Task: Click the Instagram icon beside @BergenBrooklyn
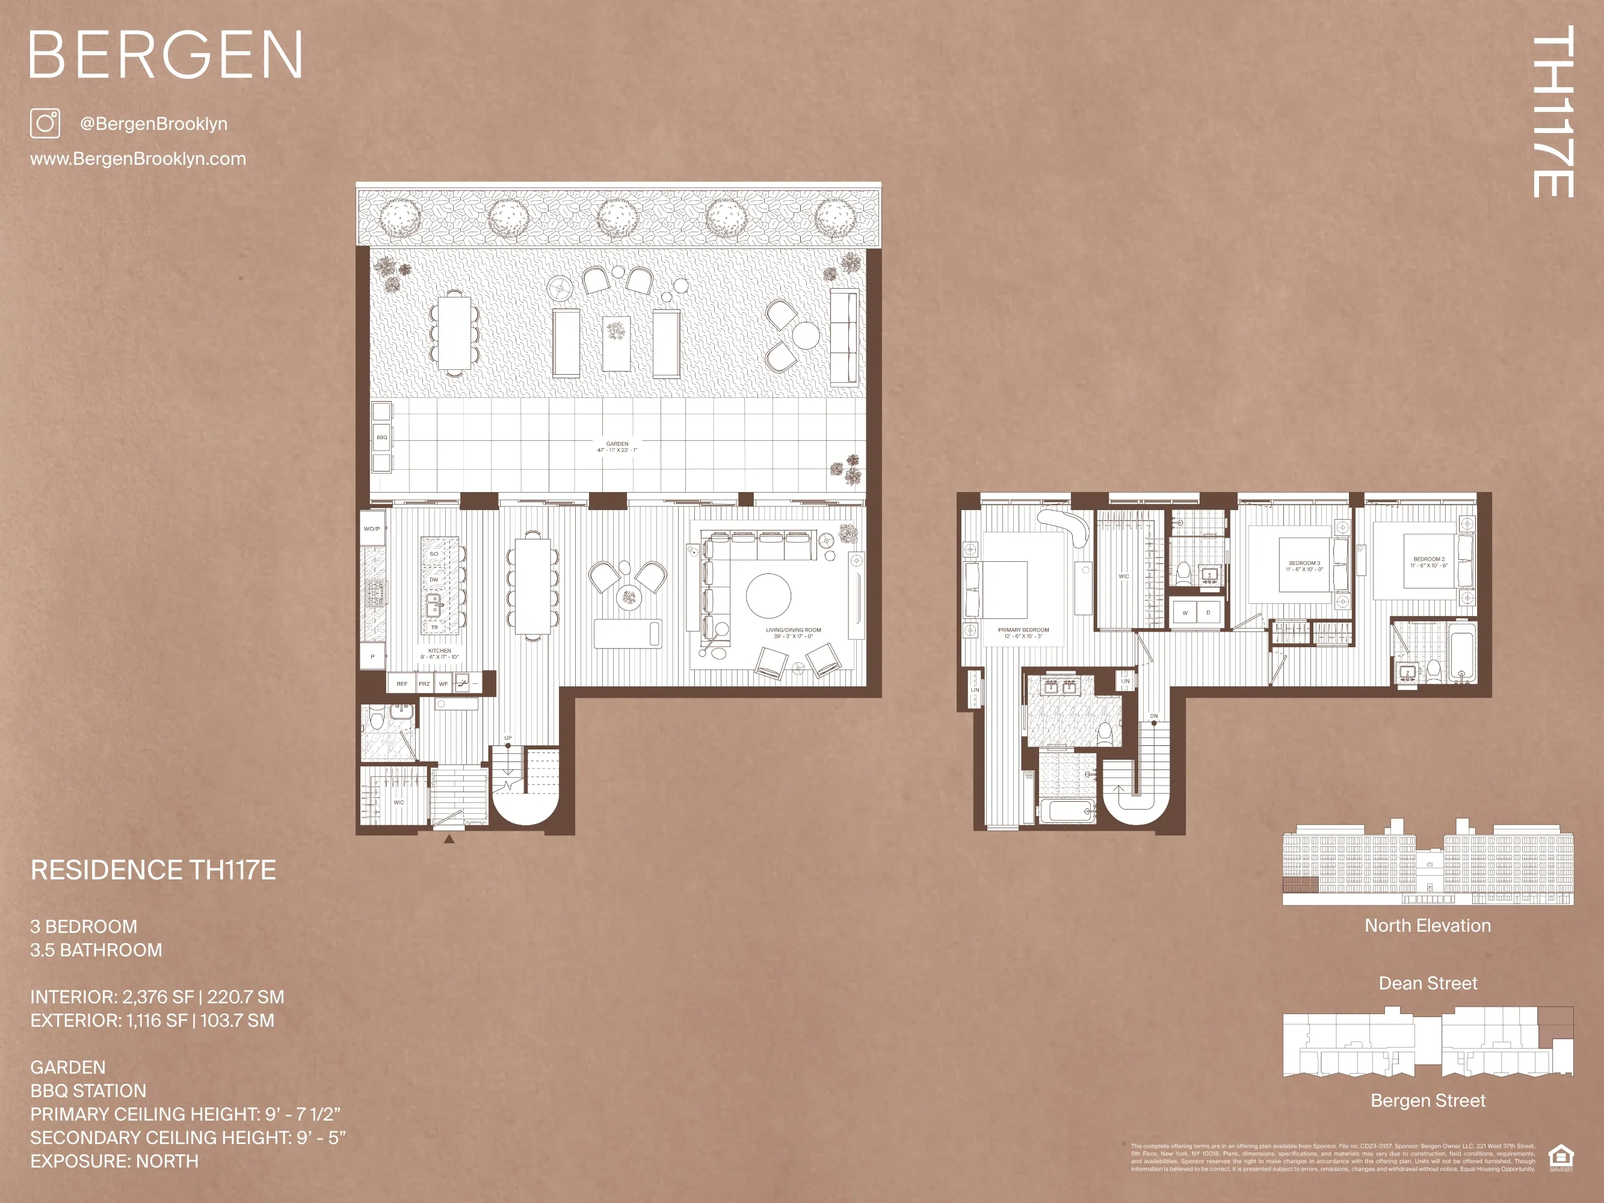[45, 123]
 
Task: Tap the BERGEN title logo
[165, 55]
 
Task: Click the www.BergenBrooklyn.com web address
[138, 159]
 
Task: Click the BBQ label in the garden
[381, 437]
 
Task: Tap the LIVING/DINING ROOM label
[794, 632]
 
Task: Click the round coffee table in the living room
[769, 596]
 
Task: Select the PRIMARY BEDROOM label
[1023, 632]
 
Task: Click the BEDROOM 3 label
[1304, 565]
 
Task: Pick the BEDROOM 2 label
[1428, 562]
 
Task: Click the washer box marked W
[1185, 613]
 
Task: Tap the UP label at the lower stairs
[508, 738]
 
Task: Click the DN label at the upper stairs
[1154, 716]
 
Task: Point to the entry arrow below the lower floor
[449, 839]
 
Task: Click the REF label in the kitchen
[402, 684]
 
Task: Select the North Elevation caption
[1427, 926]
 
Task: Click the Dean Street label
[1427, 983]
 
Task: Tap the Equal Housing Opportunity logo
[1561, 1157]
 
